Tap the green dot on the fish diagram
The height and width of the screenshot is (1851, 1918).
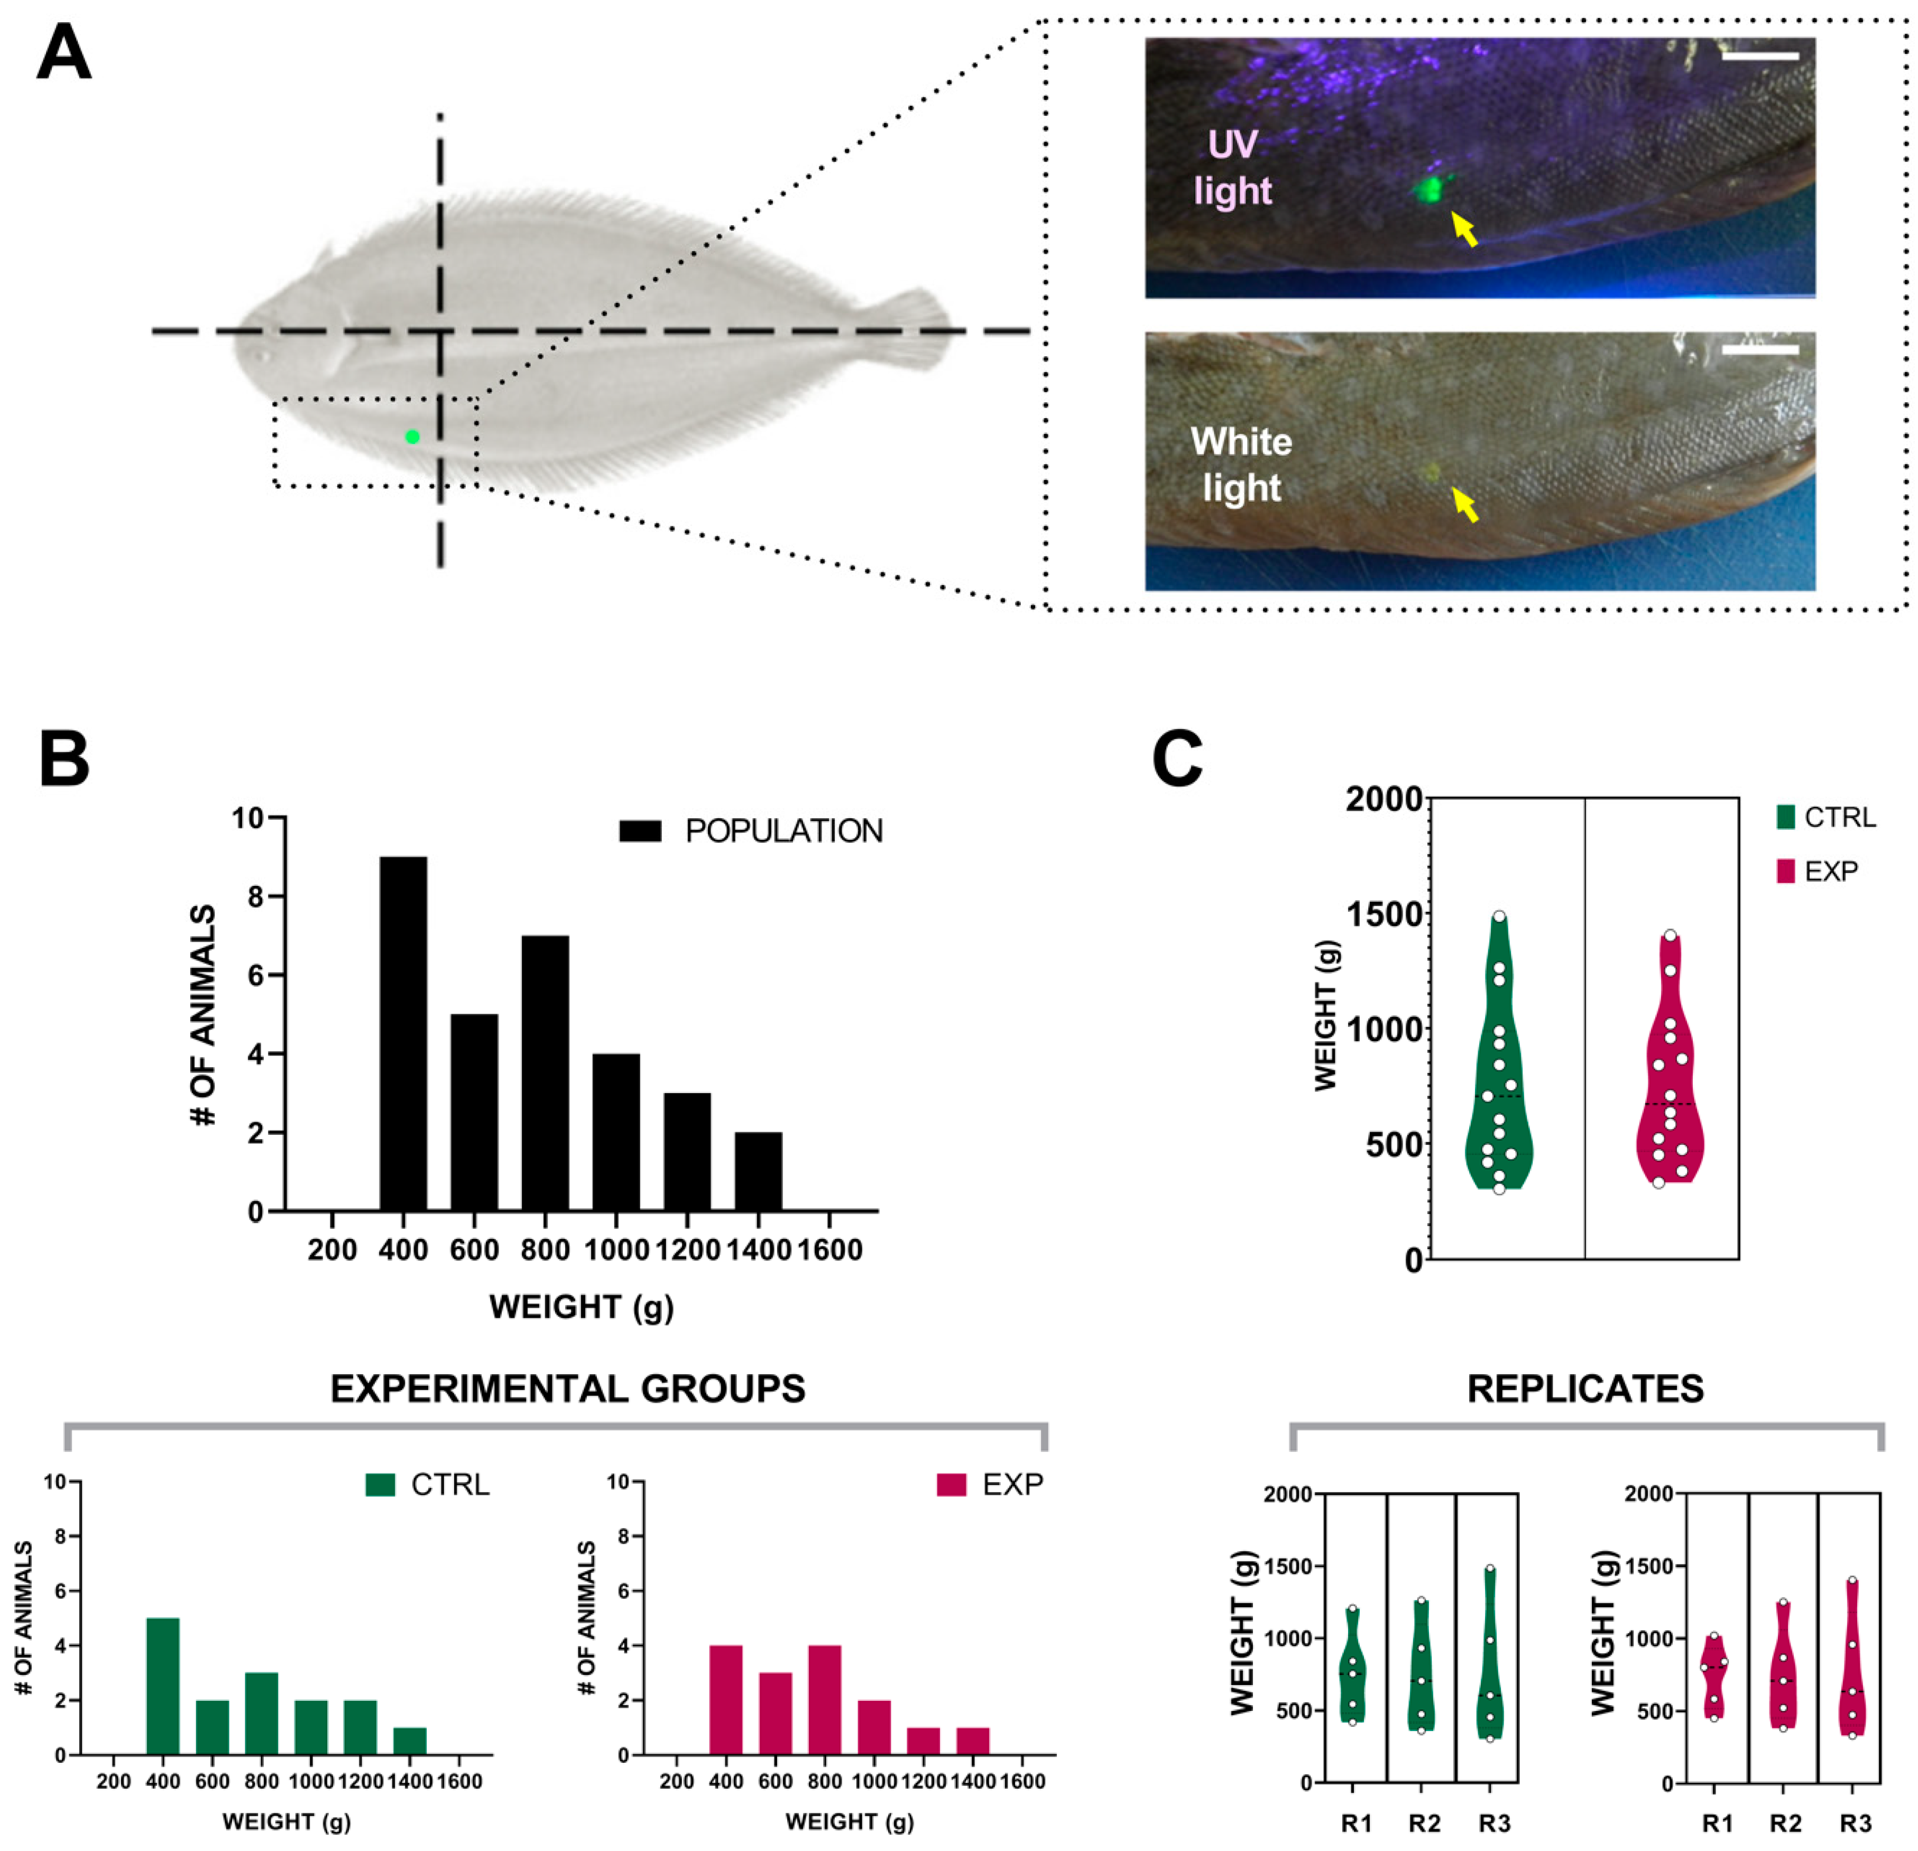tap(412, 437)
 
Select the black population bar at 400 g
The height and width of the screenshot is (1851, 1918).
tap(403, 1033)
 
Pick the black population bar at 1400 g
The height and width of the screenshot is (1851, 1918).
tap(759, 1171)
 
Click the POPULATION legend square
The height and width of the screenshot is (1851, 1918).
tap(640, 830)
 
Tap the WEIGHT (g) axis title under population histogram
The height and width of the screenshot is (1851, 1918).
tap(582, 1307)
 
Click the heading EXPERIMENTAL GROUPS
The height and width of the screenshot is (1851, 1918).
tap(568, 1389)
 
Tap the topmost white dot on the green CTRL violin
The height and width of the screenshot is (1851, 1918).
tap(1499, 917)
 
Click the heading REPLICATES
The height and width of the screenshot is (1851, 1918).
tap(1585, 1389)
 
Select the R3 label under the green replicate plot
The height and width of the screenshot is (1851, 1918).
tap(1495, 1824)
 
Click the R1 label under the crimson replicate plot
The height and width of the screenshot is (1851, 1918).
tap(1718, 1824)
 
